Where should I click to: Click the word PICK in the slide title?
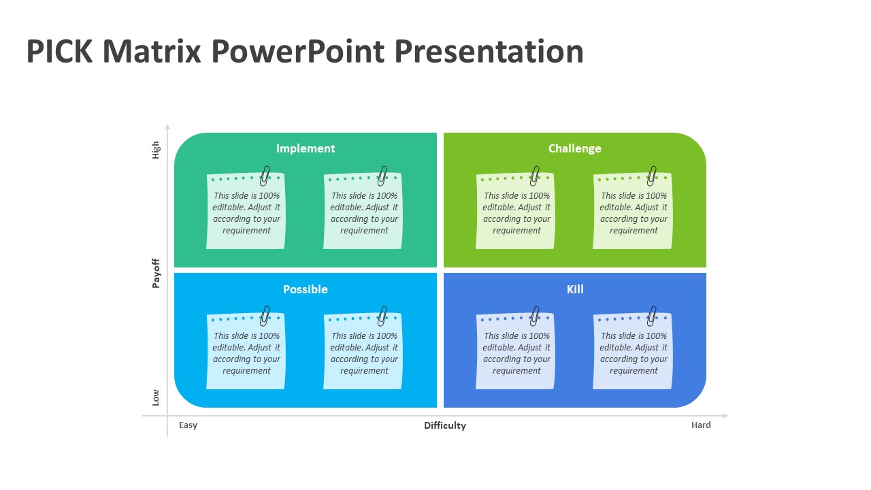(x=59, y=51)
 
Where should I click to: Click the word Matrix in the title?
(x=152, y=51)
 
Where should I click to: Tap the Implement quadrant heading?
(x=306, y=148)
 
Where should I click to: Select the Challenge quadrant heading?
(x=575, y=148)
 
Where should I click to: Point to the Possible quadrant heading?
(x=306, y=289)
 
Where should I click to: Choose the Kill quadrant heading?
(x=575, y=289)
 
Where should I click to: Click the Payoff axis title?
(x=156, y=274)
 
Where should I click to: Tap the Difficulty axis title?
(x=445, y=426)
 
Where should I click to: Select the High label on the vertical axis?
(x=156, y=150)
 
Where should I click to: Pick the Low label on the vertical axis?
(x=156, y=398)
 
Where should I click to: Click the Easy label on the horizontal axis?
(x=188, y=425)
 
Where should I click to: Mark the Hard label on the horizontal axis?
(x=701, y=425)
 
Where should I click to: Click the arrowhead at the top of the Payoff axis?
(x=167, y=127)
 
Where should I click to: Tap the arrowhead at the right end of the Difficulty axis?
(x=725, y=416)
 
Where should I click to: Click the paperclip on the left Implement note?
(x=265, y=176)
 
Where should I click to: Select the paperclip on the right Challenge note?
(x=652, y=176)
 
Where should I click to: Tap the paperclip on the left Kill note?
(x=535, y=316)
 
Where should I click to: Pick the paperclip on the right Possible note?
(x=382, y=316)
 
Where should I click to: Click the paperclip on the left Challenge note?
(x=535, y=176)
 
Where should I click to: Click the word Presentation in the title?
(x=489, y=51)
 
